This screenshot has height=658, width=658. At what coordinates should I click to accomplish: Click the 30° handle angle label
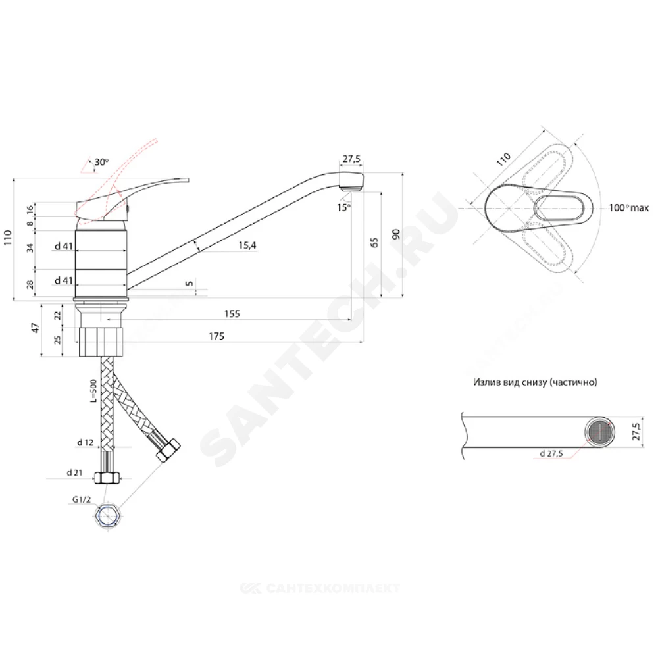tap(101, 162)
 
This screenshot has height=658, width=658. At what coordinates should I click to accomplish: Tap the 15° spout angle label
tap(343, 207)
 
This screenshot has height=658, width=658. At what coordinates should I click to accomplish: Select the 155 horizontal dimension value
tap(232, 313)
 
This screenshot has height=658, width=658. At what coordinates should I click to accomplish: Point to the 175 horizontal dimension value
tap(216, 336)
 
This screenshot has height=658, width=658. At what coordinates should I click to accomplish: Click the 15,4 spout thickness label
tap(247, 245)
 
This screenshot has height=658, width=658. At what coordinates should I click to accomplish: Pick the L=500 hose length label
tap(93, 391)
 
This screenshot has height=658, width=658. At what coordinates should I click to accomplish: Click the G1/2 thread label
tap(82, 500)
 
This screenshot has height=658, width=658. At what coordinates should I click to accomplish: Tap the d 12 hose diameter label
tap(85, 442)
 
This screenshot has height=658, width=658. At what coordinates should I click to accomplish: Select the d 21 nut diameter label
tap(75, 473)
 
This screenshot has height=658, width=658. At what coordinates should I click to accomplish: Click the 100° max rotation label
tap(628, 208)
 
